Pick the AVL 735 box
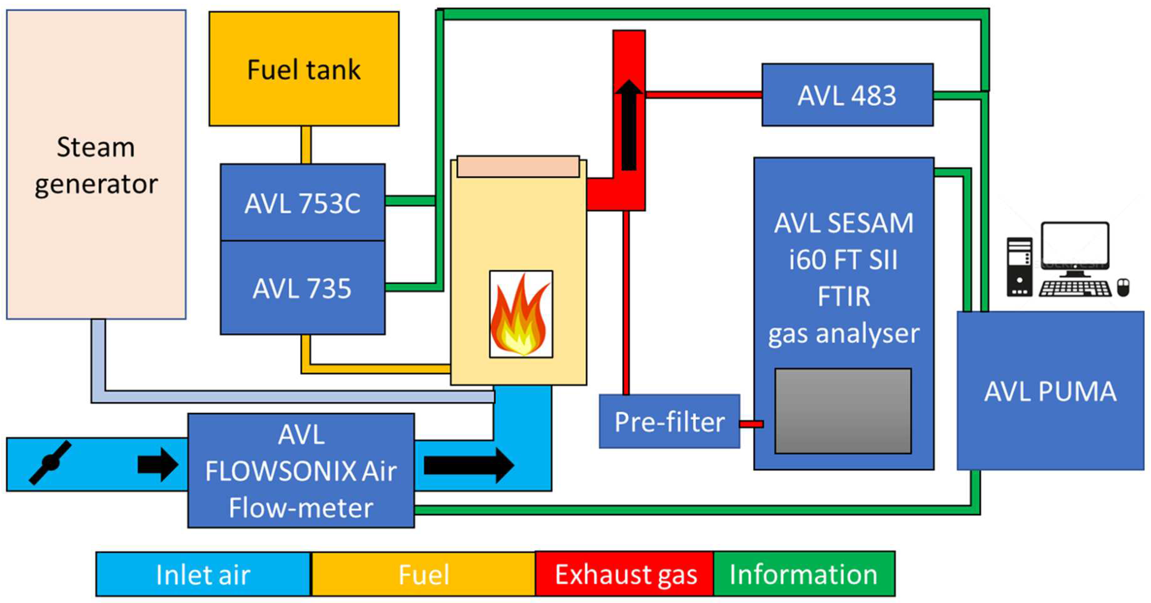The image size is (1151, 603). click(x=302, y=288)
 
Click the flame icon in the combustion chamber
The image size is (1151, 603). click(x=521, y=314)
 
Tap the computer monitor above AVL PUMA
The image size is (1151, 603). click(x=1075, y=246)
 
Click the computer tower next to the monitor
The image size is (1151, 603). click(x=1019, y=267)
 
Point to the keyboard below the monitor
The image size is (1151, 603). click(x=1075, y=288)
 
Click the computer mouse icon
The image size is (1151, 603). click(x=1123, y=287)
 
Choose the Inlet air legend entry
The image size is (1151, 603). click(x=203, y=574)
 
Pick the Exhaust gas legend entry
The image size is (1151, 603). click(x=625, y=574)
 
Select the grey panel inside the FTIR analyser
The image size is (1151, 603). click(x=843, y=411)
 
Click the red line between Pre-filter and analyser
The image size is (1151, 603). click(x=751, y=424)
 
